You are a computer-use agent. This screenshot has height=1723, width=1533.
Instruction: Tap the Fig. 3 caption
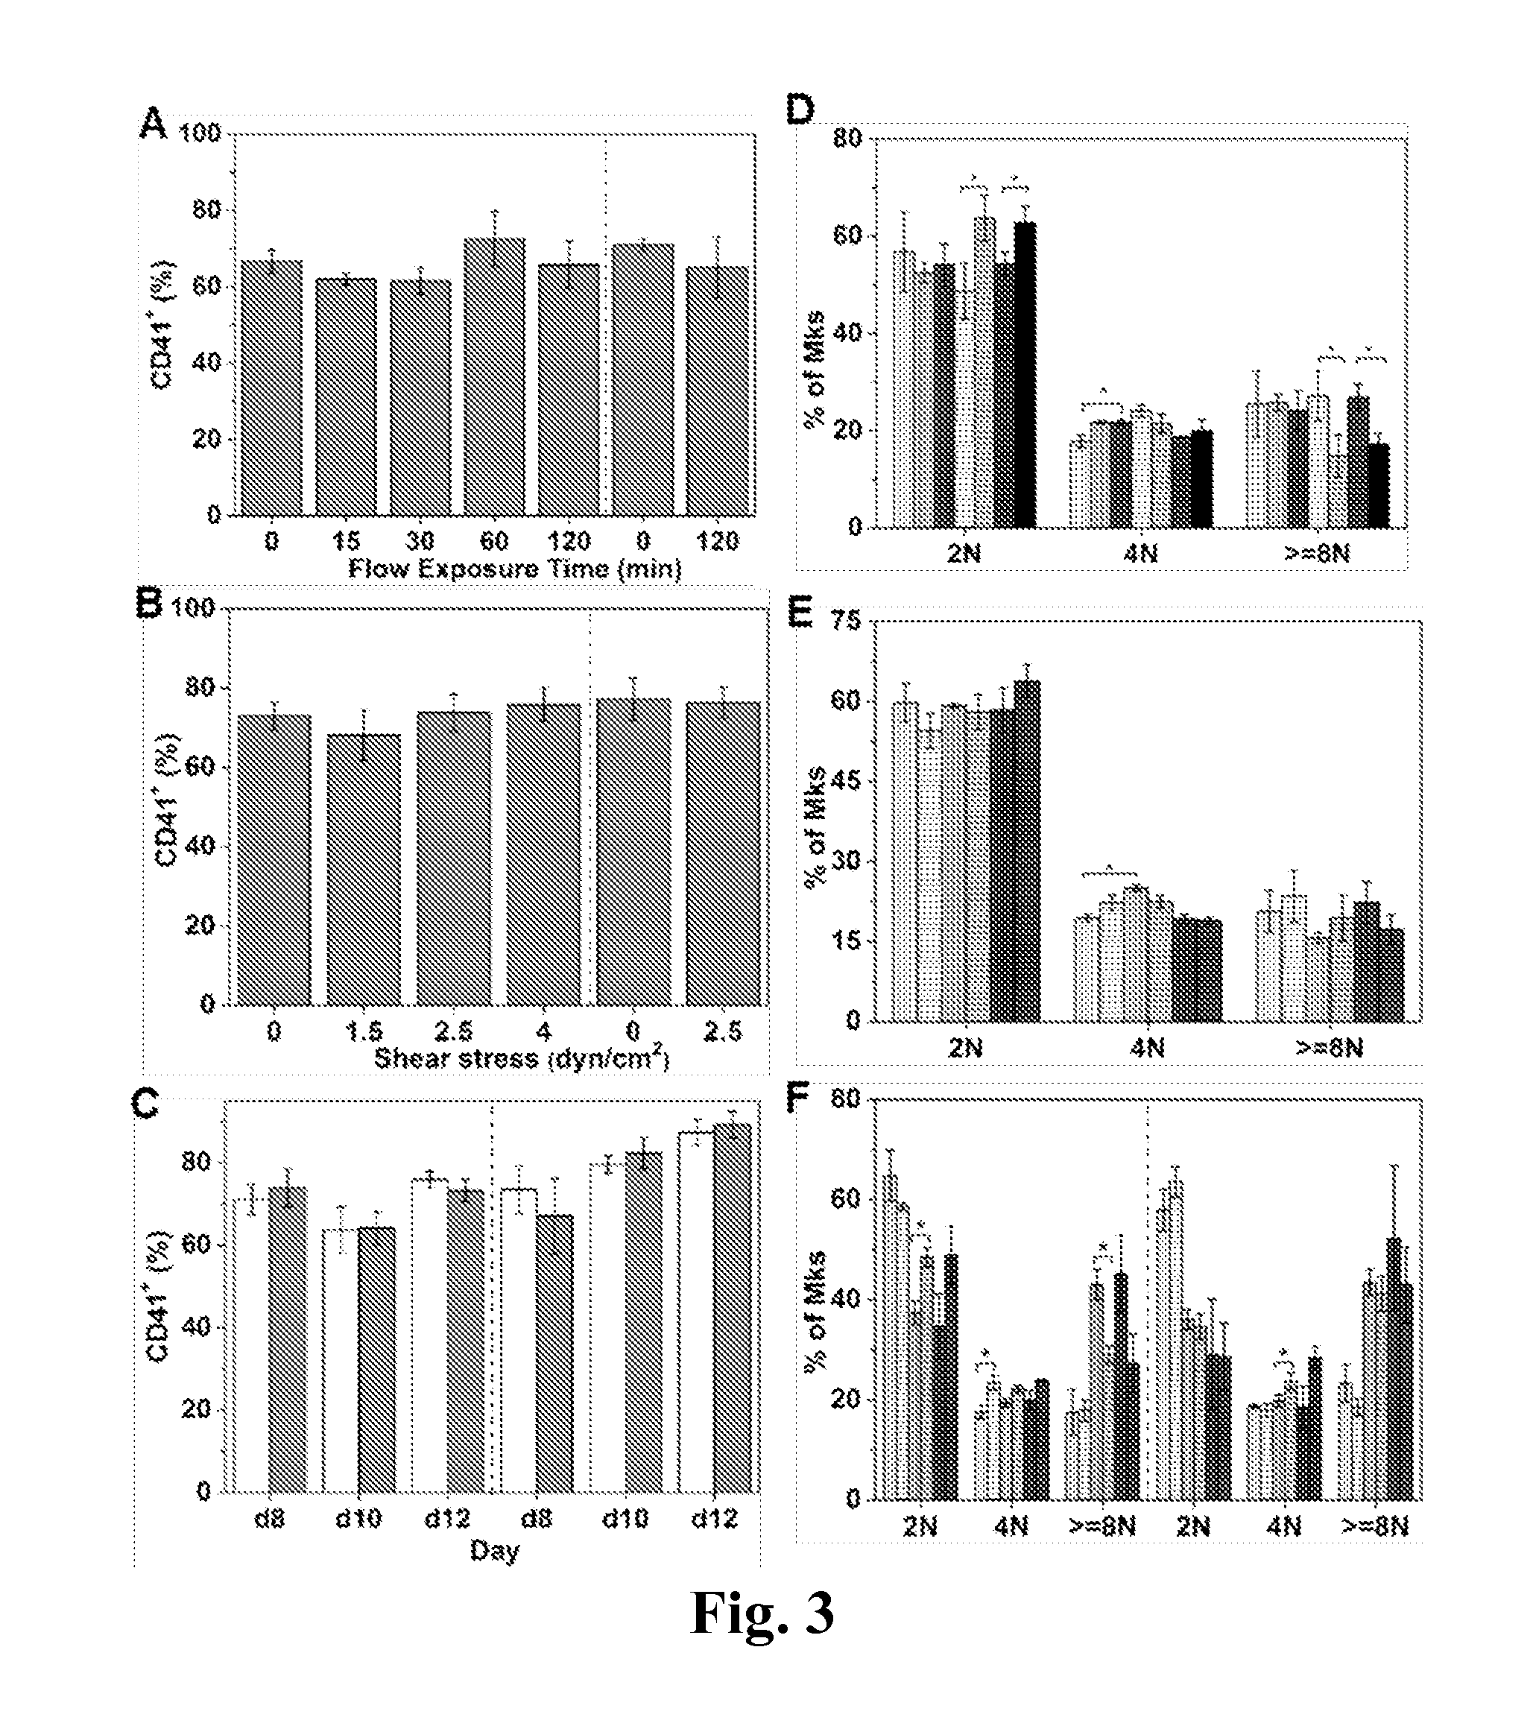pyautogui.click(x=762, y=1613)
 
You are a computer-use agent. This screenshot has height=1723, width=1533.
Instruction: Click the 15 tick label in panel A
pyautogui.click(x=346, y=540)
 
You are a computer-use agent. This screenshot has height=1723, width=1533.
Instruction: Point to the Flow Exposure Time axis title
pyautogui.click(x=515, y=569)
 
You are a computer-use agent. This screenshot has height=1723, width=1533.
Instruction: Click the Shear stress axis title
pyautogui.click(x=522, y=1058)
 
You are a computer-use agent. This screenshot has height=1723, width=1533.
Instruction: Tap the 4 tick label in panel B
pyautogui.click(x=543, y=1031)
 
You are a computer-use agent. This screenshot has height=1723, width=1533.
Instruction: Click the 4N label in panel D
pyautogui.click(x=1141, y=553)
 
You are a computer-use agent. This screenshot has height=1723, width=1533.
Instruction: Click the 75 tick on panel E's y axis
pyautogui.click(x=847, y=622)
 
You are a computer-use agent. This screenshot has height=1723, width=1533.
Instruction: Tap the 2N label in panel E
pyautogui.click(x=966, y=1047)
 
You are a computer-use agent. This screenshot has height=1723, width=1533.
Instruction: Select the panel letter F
pyautogui.click(x=797, y=1096)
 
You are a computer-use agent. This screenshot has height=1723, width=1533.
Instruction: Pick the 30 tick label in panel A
pyautogui.click(x=420, y=540)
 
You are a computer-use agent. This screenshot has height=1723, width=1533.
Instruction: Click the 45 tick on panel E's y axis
pyautogui.click(x=847, y=780)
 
